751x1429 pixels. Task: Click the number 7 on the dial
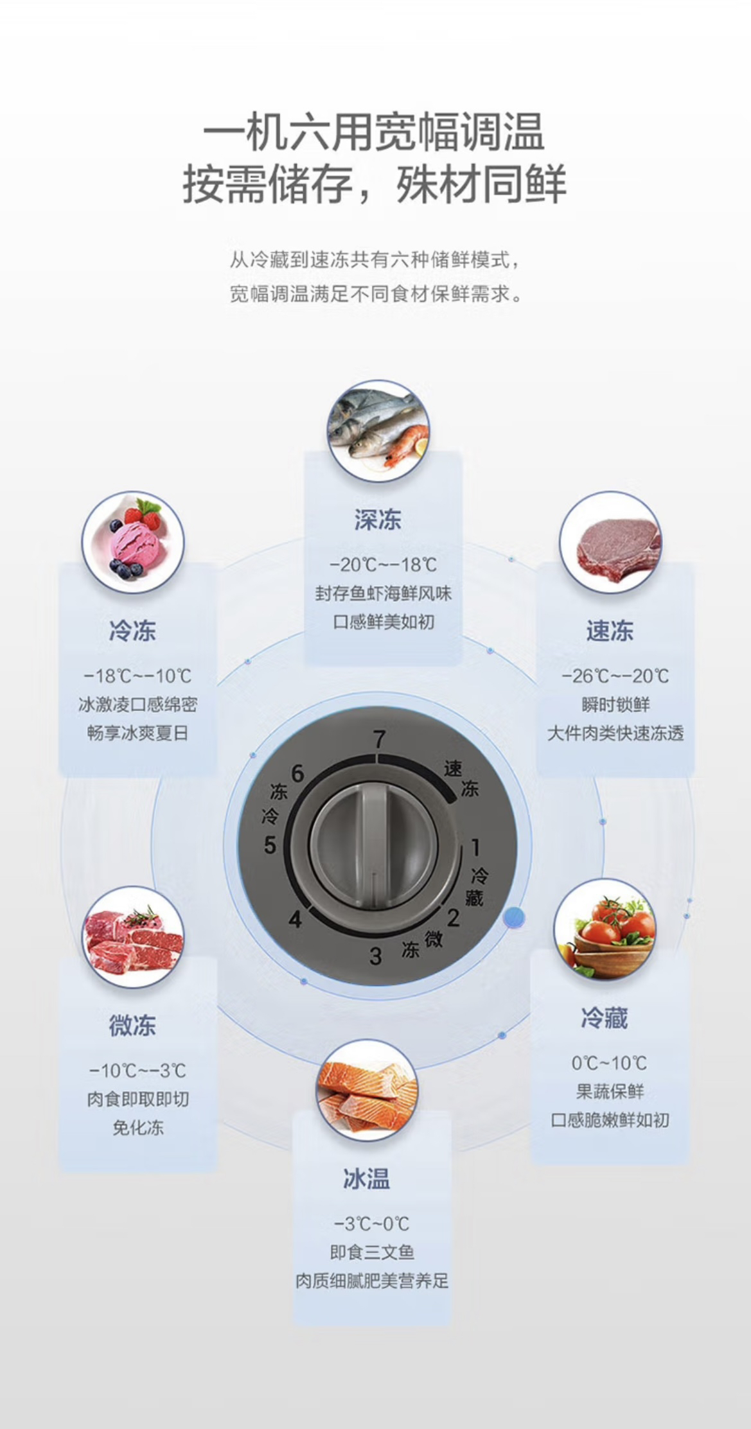click(x=379, y=739)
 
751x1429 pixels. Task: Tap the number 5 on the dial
click(x=270, y=845)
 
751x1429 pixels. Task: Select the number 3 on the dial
click(x=376, y=956)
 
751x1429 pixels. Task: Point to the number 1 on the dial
click(x=475, y=848)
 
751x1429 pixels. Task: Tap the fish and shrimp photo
click(x=378, y=430)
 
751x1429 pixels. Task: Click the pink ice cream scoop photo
click(x=133, y=542)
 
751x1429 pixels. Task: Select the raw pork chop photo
click(x=610, y=542)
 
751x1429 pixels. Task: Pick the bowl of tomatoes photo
click(x=605, y=929)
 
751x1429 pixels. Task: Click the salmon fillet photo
click(x=367, y=1090)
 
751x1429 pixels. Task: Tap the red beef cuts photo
click(x=133, y=937)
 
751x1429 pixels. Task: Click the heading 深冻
click(x=378, y=520)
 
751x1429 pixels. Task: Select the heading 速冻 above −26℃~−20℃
click(x=610, y=631)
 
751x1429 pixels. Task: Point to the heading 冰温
click(x=366, y=1179)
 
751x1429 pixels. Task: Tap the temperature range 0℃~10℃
click(x=609, y=1063)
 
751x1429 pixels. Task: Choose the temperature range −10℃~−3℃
click(x=137, y=1071)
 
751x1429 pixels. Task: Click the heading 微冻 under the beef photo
click(x=132, y=1026)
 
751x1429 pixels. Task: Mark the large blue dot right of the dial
click(x=514, y=918)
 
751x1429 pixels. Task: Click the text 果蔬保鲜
click(x=610, y=1091)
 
